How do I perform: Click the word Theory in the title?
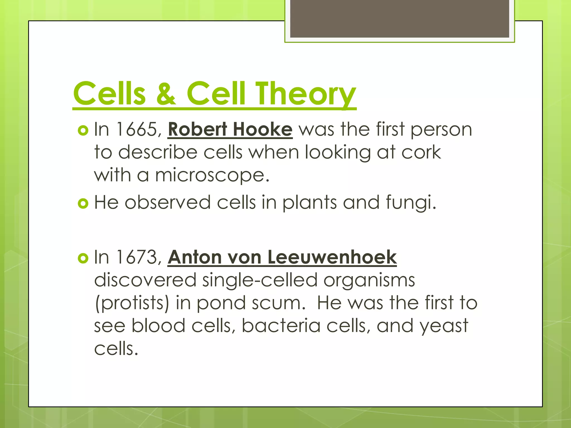click(x=306, y=94)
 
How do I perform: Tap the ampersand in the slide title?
click(x=166, y=94)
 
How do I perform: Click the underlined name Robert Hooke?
click(x=230, y=130)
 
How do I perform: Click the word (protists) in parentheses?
click(x=132, y=303)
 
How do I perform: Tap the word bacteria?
click(x=281, y=326)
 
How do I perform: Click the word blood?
click(x=158, y=326)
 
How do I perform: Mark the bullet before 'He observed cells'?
click(x=83, y=203)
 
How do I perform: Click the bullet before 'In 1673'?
click(x=83, y=258)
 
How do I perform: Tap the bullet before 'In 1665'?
click(x=83, y=130)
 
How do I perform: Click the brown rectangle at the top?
click(x=400, y=19)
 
